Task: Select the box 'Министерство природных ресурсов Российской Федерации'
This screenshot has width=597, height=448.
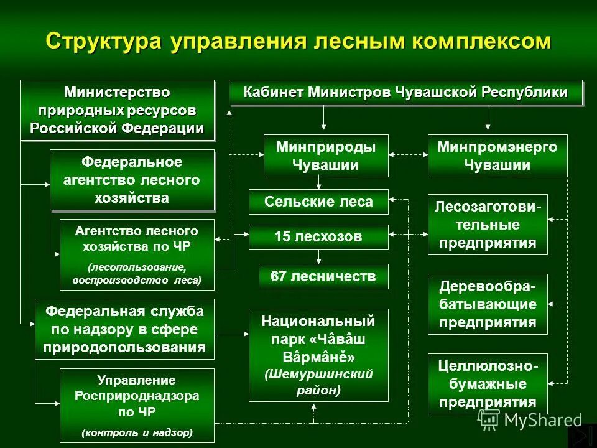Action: (x=118, y=110)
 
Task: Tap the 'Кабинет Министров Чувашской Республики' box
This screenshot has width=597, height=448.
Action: (x=405, y=93)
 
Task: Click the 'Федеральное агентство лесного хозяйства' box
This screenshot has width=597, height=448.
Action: (x=132, y=180)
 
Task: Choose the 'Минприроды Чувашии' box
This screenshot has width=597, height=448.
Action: (x=326, y=156)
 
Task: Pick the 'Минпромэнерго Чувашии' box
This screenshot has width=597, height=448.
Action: (x=488, y=156)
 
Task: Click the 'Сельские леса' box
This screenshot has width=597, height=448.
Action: (x=318, y=202)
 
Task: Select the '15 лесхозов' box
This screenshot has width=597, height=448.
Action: (x=318, y=236)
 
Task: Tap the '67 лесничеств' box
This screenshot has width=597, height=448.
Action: (x=323, y=276)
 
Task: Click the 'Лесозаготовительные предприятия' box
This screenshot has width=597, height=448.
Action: (x=488, y=224)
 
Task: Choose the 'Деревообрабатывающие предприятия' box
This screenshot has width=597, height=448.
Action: (x=488, y=304)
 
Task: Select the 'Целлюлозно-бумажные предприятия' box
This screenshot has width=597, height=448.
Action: (x=488, y=383)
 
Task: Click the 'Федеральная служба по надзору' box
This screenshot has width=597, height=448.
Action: (x=124, y=329)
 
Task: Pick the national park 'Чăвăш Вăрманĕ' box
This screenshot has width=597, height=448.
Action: (x=318, y=355)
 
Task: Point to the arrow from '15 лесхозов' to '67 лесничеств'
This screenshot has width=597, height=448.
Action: (x=318, y=256)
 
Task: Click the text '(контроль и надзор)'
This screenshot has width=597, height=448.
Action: (x=137, y=431)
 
